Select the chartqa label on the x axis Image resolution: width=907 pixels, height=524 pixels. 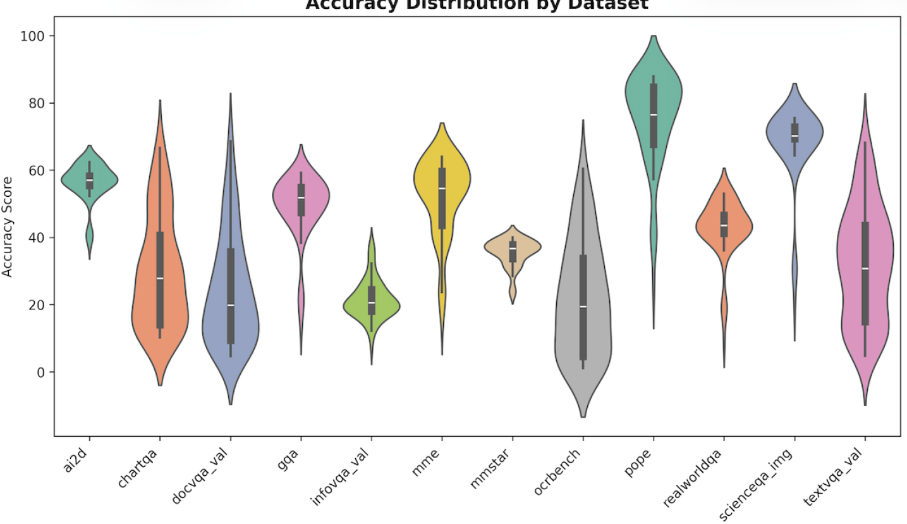pos(139,464)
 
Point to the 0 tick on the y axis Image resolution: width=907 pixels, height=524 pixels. pos(42,372)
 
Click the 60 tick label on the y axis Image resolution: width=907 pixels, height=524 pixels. pos(37,170)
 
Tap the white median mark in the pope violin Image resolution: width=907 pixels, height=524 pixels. pos(653,115)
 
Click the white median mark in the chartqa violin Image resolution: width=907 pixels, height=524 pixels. pos(160,278)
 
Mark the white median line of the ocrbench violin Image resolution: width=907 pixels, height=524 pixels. pos(583,306)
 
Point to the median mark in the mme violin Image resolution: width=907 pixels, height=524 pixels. pos(442,188)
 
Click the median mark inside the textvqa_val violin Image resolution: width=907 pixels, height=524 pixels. pos(865,268)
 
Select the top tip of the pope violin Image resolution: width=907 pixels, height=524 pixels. pos(653,36)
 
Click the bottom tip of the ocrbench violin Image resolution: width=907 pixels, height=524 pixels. pos(583,416)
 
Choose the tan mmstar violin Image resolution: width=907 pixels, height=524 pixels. pos(513,249)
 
